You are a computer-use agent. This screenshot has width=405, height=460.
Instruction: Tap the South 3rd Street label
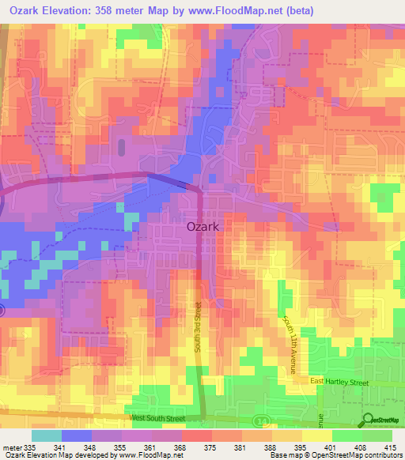point(198,329)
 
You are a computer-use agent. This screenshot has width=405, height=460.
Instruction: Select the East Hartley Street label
point(339,382)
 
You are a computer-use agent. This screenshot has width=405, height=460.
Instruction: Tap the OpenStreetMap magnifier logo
point(368,420)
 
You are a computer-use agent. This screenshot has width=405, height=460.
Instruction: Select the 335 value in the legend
point(31,447)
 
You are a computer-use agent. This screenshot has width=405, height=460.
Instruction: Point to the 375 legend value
point(212,447)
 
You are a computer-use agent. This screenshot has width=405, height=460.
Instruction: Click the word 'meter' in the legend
point(12,447)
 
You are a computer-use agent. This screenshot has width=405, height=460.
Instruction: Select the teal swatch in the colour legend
point(46,435)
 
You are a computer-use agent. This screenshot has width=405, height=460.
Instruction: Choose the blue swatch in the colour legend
point(76,435)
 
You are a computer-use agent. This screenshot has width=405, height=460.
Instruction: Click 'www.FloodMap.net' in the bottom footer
point(150,455)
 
